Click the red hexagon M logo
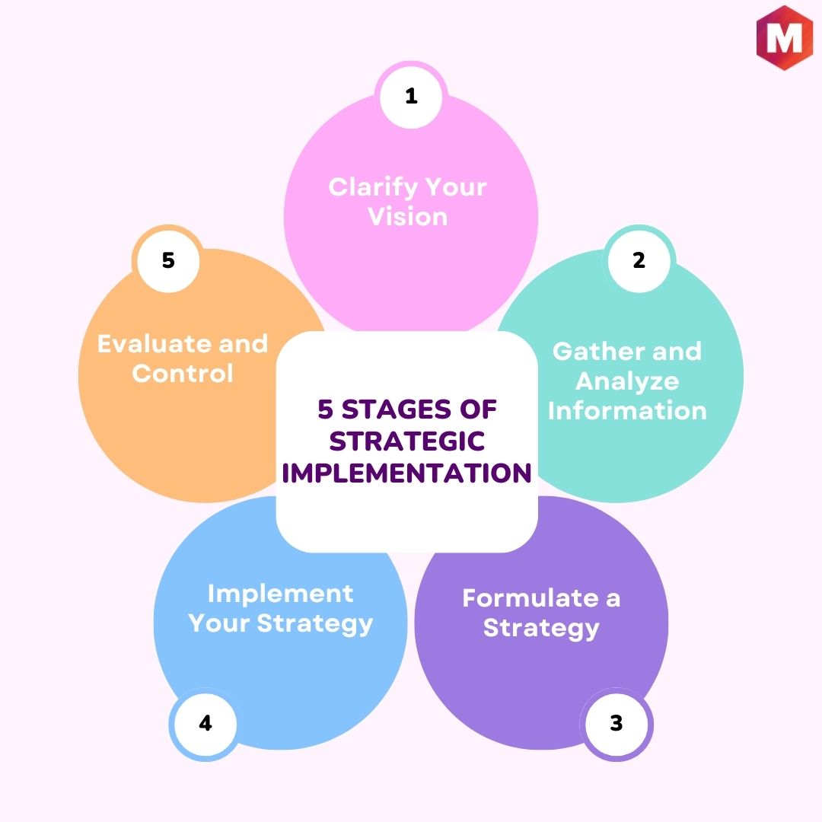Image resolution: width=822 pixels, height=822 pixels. pyautogui.click(x=784, y=37)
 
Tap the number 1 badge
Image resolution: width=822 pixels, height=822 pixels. pyautogui.click(x=411, y=97)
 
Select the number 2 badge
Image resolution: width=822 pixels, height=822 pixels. pyautogui.click(x=639, y=260)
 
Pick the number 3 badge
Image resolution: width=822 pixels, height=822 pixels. pyautogui.click(x=616, y=724)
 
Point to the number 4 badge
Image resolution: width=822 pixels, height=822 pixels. pyautogui.click(x=205, y=724)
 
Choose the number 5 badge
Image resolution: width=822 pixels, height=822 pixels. pyautogui.click(x=168, y=260)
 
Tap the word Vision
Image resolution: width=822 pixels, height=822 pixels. pyautogui.click(x=408, y=217)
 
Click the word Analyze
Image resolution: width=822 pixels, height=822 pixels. pyautogui.click(x=627, y=382)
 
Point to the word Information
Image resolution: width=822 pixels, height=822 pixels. pyautogui.click(x=627, y=410)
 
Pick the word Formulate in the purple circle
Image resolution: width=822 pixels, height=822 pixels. pyautogui.click(x=530, y=598)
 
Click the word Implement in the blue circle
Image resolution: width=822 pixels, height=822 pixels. pyautogui.click(x=280, y=594)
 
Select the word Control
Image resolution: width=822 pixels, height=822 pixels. pyautogui.click(x=183, y=373)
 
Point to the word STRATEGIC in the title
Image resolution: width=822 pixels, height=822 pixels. pyautogui.click(x=406, y=441)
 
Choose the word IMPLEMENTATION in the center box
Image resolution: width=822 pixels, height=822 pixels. pyautogui.click(x=406, y=473)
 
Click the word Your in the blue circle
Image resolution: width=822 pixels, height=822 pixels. pyautogui.click(x=219, y=623)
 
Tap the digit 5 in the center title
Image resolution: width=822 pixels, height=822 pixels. pyautogui.click(x=326, y=409)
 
